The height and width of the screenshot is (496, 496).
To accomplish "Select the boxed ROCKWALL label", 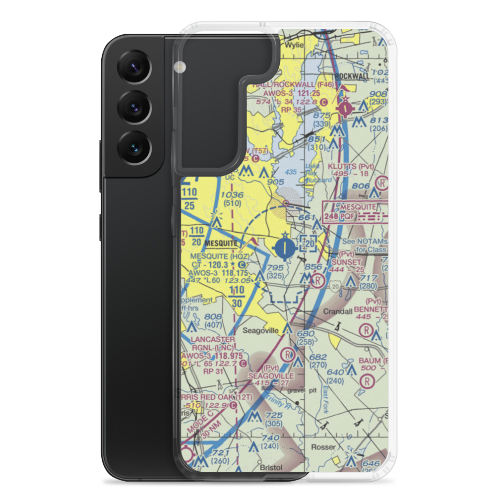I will click(352, 76).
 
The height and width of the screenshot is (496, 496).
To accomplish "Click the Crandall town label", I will click(338, 311).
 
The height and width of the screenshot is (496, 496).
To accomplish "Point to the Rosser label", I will click(323, 447).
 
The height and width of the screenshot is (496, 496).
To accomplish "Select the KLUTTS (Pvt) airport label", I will click(351, 167).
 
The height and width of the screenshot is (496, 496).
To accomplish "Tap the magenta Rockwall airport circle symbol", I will click(344, 106).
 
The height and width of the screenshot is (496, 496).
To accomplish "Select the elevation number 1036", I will click(233, 195).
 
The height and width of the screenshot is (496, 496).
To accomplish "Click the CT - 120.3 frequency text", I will click(212, 265).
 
